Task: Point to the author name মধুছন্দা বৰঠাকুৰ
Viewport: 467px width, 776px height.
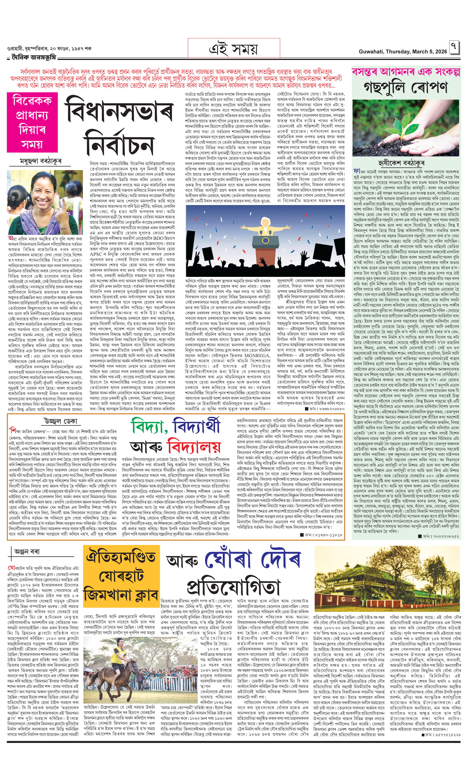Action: tap(41, 161)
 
